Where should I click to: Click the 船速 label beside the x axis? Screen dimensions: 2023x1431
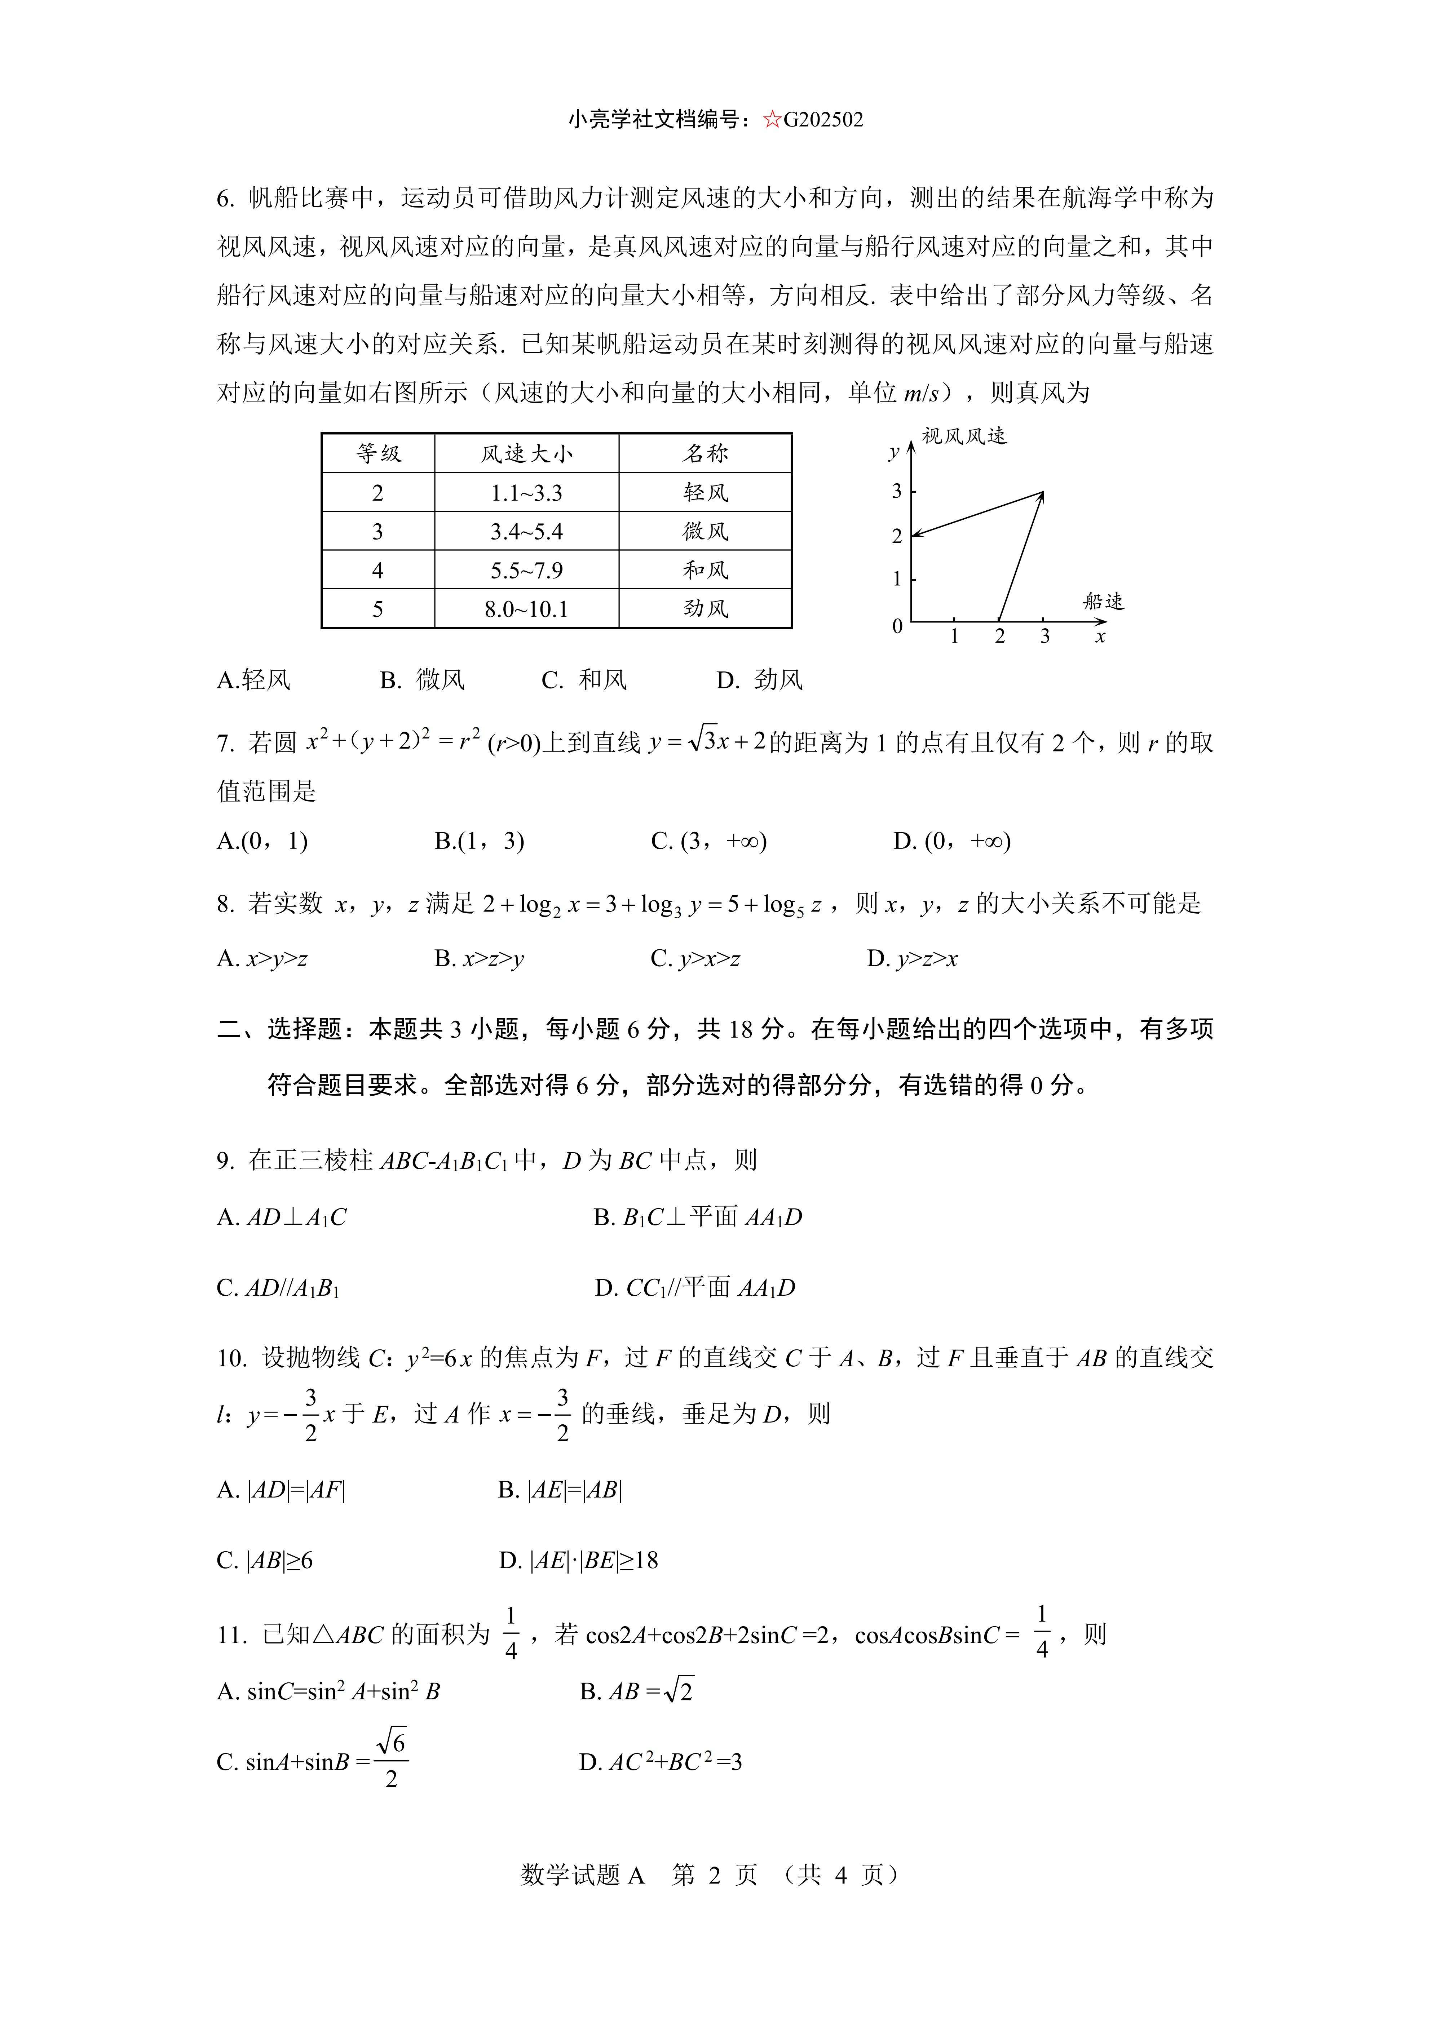1103,602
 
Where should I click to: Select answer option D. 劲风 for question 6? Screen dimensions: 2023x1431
760,680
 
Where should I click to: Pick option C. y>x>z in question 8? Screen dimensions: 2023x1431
695,959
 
